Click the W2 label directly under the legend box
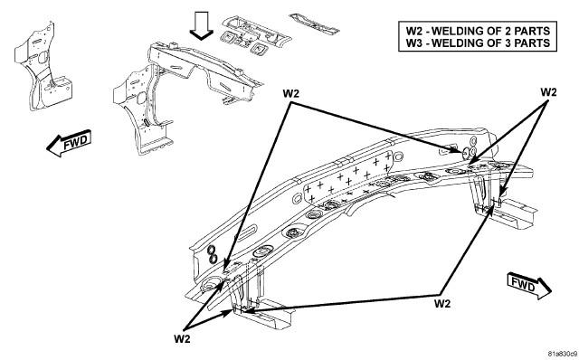coord(548,92)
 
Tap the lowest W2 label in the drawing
coord(182,339)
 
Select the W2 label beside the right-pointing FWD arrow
coord(442,304)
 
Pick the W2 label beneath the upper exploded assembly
coord(290,94)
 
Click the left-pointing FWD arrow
coord(69,143)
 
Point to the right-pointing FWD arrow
coord(529,286)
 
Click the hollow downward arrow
coord(201,25)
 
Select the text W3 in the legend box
coord(414,43)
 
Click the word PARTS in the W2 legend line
coord(532,31)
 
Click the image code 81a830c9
coord(562,354)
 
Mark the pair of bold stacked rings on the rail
coord(212,254)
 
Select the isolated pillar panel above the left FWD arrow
coord(43,67)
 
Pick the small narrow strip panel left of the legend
coord(314,23)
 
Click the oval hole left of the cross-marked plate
coord(298,199)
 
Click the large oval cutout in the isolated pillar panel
coord(43,58)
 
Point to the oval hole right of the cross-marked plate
coord(399,156)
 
